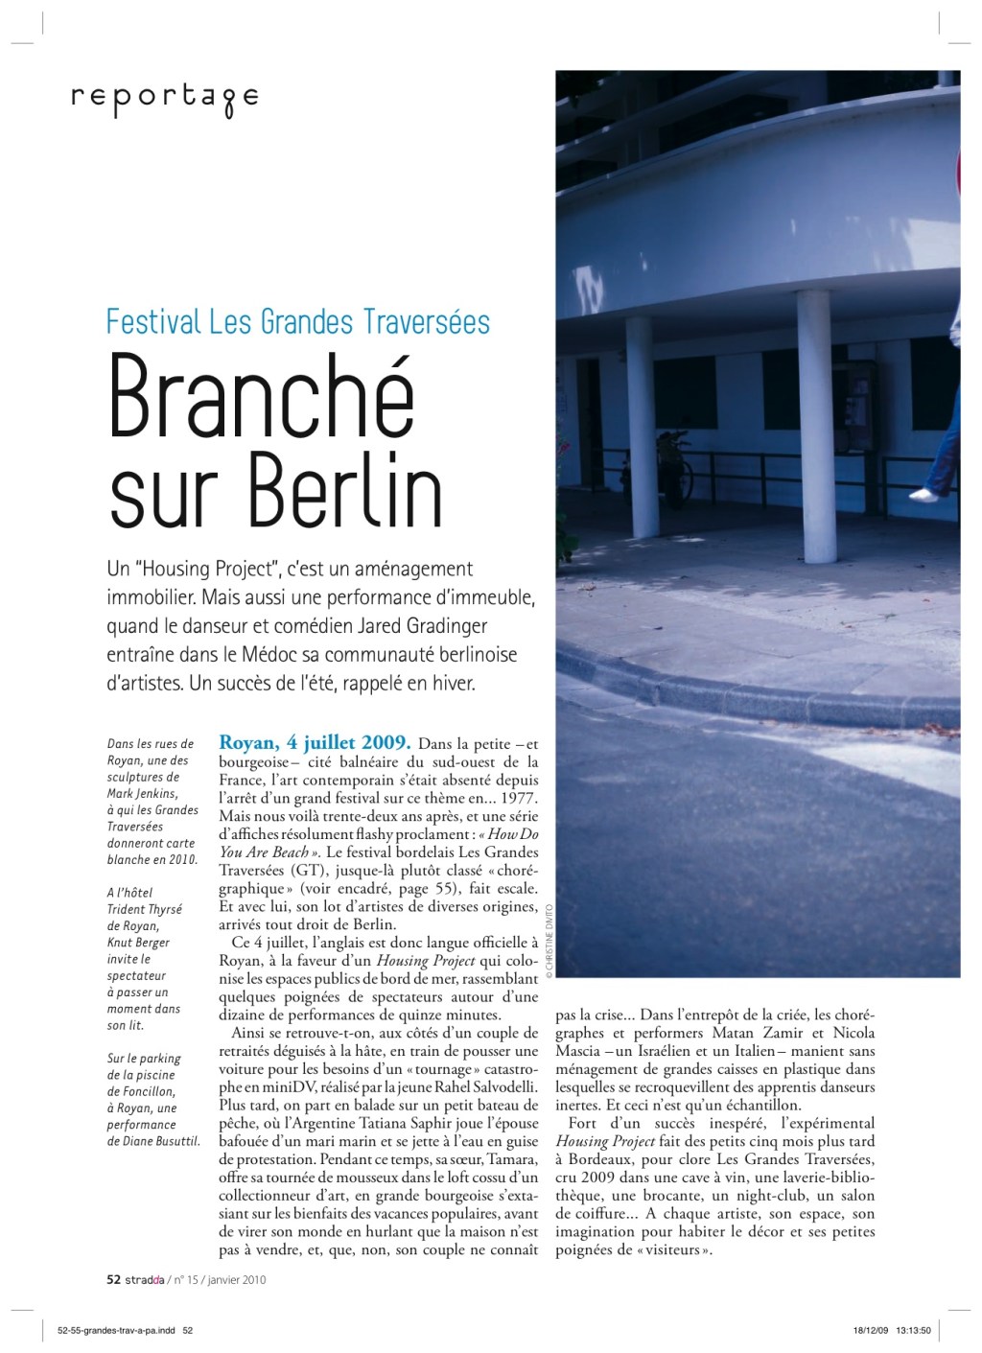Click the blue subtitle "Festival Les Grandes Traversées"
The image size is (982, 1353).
pyautogui.click(x=298, y=321)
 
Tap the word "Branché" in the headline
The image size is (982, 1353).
pyautogui.click(x=262, y=396)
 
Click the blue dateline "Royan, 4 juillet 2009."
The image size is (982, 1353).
pyautogui.click(x=316, y=743)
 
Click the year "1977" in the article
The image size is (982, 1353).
pyautogui.click(x=518, y=798)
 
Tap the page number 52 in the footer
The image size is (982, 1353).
pyautogui.click(x=113, y=1279)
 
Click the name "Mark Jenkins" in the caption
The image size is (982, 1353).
pyautogui.click(x=142, y=793)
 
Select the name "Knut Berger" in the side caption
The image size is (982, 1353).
pyautogui.click(x=138, y=943)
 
